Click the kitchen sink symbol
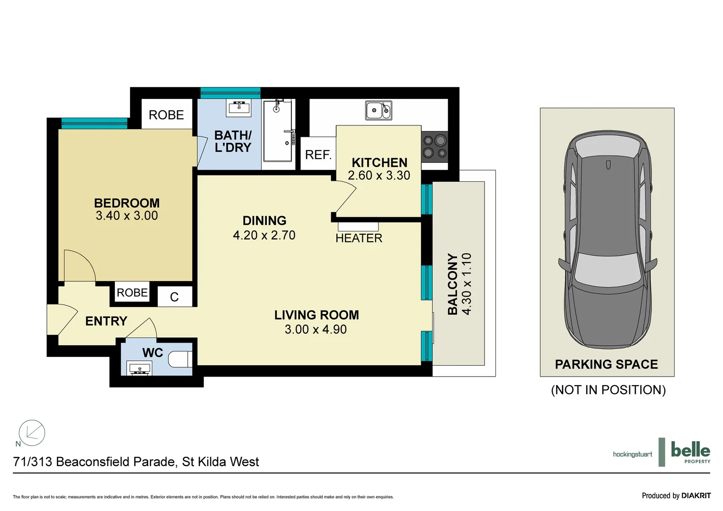(379, 111)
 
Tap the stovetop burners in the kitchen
(435, 147)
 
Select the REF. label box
(318, 154)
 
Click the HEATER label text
(359, 238)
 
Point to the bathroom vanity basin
(239, 108)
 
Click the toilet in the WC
(180, 359)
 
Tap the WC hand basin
(139, 368)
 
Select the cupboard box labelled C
(175, 297)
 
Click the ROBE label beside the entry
(132, 292)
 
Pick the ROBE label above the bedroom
(166, 115)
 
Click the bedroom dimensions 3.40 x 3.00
(127, 216)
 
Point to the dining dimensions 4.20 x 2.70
(264, 235)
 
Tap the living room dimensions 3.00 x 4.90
(316, 329)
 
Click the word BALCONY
(453, 284)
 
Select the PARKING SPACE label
(606, 364)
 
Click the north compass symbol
(32, 432)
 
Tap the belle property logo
(690, 452)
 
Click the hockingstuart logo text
(632, 454)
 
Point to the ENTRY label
(106, 321)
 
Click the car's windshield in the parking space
(608, 270)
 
